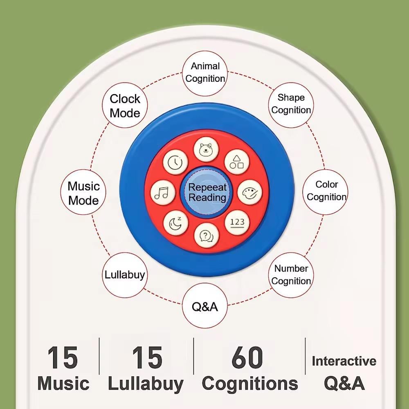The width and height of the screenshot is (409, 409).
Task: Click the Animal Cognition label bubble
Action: click(x=205, y=72)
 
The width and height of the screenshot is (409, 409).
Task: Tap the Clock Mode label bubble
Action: click(x=125, y=106)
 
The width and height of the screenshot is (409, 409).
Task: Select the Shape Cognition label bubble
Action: click(x=291, y=104)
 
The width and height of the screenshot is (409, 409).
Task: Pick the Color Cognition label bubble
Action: click(x=326, y=191)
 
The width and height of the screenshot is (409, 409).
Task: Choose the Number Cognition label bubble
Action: click(x=291, y=275)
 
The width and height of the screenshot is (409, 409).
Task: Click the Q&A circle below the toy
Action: click(x=205, y=307)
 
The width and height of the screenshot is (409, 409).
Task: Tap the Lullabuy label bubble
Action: click(x=124, y=274)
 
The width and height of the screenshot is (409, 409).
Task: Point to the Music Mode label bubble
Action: click(x=84, y=193)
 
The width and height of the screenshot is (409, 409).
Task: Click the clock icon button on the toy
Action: click(x=175, y=162)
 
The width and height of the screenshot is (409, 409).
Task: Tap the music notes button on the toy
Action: click(x=163, y=193)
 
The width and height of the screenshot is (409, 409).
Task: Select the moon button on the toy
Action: click(x=175, y=223)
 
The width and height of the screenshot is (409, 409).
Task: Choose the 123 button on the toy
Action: click(x=237, y=222)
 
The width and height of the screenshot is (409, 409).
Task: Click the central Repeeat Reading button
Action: click(x=207, y=192)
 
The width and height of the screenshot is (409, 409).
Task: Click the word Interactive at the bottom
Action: click(x=344, y=361)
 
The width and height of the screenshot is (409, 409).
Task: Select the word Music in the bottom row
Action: click(x=63, y=384)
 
